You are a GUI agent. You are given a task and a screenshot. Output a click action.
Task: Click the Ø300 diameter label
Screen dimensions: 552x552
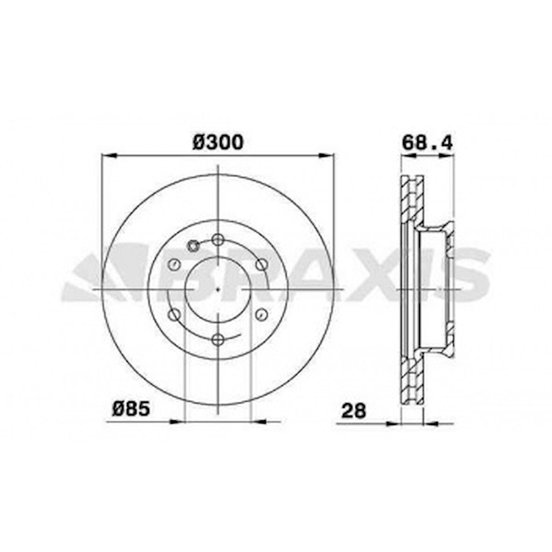[218, 142]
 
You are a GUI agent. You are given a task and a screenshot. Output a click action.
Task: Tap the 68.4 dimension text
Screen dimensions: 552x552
[427, 142]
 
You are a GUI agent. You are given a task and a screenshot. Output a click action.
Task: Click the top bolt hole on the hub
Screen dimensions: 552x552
[218, 240]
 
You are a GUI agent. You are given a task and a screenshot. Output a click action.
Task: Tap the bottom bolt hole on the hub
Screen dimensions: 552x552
[218, 339]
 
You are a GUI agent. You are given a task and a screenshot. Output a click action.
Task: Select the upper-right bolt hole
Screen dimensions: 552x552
[261, 264]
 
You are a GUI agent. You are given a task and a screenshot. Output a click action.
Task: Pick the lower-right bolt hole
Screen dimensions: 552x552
[261, 314]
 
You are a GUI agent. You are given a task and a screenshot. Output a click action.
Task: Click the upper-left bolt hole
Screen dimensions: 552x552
[174, 264]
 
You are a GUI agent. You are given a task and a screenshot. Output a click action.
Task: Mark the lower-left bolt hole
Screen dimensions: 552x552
[174, 314]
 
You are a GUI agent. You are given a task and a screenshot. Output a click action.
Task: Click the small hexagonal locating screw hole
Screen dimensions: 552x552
[193, 246]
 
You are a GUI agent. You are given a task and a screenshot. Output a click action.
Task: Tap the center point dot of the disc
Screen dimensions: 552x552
[218, 289]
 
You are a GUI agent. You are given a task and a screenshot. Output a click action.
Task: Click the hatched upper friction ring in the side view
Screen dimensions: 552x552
[412, 201]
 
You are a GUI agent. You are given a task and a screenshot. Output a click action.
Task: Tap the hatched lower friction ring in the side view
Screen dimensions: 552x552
[412, 379]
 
